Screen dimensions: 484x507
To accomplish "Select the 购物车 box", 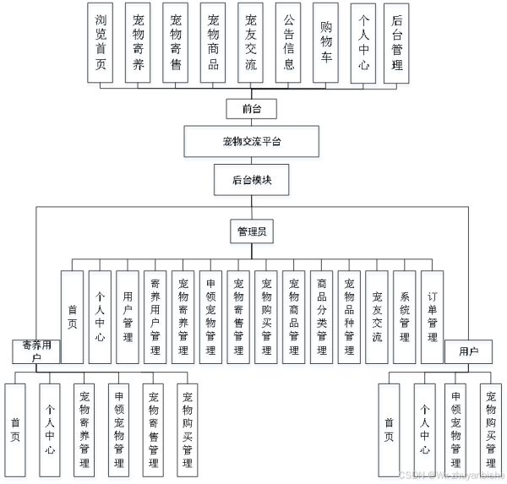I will coord(325,42).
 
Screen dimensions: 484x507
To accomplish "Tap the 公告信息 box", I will coord(288,42).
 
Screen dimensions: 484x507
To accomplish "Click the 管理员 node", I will coord(251,231).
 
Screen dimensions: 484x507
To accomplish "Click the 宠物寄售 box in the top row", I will coord(176,42).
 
